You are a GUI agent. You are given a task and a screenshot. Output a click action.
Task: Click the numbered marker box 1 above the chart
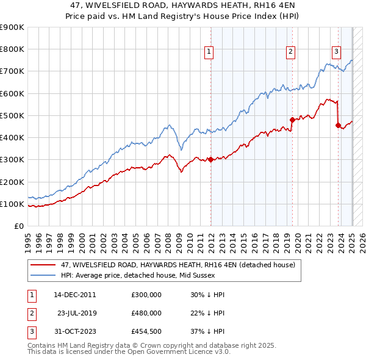tap(209, 52)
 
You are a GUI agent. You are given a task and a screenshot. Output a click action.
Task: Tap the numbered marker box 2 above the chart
tap(290, 52)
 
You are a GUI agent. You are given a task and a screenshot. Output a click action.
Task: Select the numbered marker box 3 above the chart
tap(336, 52)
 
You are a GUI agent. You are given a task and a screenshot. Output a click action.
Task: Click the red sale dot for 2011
tap(210, 160)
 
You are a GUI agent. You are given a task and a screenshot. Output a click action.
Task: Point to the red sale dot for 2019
tap(292, 120)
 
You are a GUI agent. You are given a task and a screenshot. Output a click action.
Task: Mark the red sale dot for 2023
tap(339, 126)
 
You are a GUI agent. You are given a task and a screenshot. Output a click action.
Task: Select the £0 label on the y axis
tap(18, 226)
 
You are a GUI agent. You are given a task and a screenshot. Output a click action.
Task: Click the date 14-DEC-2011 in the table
tap(75, 295)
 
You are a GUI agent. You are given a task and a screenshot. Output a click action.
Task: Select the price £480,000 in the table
tap(146, 313)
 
